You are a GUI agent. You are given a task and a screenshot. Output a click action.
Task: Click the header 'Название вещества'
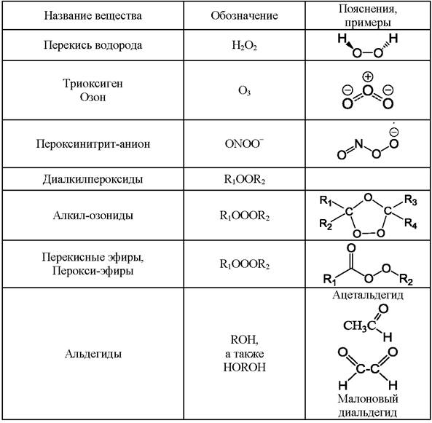click(93, 15)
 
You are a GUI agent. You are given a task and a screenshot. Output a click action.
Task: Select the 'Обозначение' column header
click(244, 15)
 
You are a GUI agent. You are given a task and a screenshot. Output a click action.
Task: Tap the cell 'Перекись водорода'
click(93, 45)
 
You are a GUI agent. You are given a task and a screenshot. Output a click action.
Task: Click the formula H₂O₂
click(244, 45)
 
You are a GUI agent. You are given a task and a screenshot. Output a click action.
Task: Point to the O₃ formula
click(244, 90)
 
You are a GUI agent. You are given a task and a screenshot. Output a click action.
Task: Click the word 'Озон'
click(93, 98)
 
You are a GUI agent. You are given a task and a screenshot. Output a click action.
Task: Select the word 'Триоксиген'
click(93, 84)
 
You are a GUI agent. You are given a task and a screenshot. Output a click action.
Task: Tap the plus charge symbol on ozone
click(368, 77)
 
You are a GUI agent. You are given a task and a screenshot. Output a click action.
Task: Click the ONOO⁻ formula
click(244, 143)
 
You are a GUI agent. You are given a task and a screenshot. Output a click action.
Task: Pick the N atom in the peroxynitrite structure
click(358, 143)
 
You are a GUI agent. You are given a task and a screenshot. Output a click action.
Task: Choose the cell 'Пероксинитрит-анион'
click(93, 143)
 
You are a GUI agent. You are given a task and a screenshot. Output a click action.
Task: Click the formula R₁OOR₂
click(244, 179)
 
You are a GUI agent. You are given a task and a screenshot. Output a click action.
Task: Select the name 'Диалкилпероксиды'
click(93, 179)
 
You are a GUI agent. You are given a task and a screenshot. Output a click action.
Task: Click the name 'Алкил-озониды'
click(93, 216)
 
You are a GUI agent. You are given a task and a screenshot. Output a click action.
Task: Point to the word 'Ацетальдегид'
click(368, 295)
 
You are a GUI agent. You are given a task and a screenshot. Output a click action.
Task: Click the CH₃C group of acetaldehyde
click(360, 326)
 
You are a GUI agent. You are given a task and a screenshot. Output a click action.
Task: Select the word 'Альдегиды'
click(93, 354)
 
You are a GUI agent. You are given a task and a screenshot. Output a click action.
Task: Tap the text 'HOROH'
click(244, 368)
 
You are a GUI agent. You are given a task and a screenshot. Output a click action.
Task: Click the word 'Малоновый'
click(368, 399)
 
